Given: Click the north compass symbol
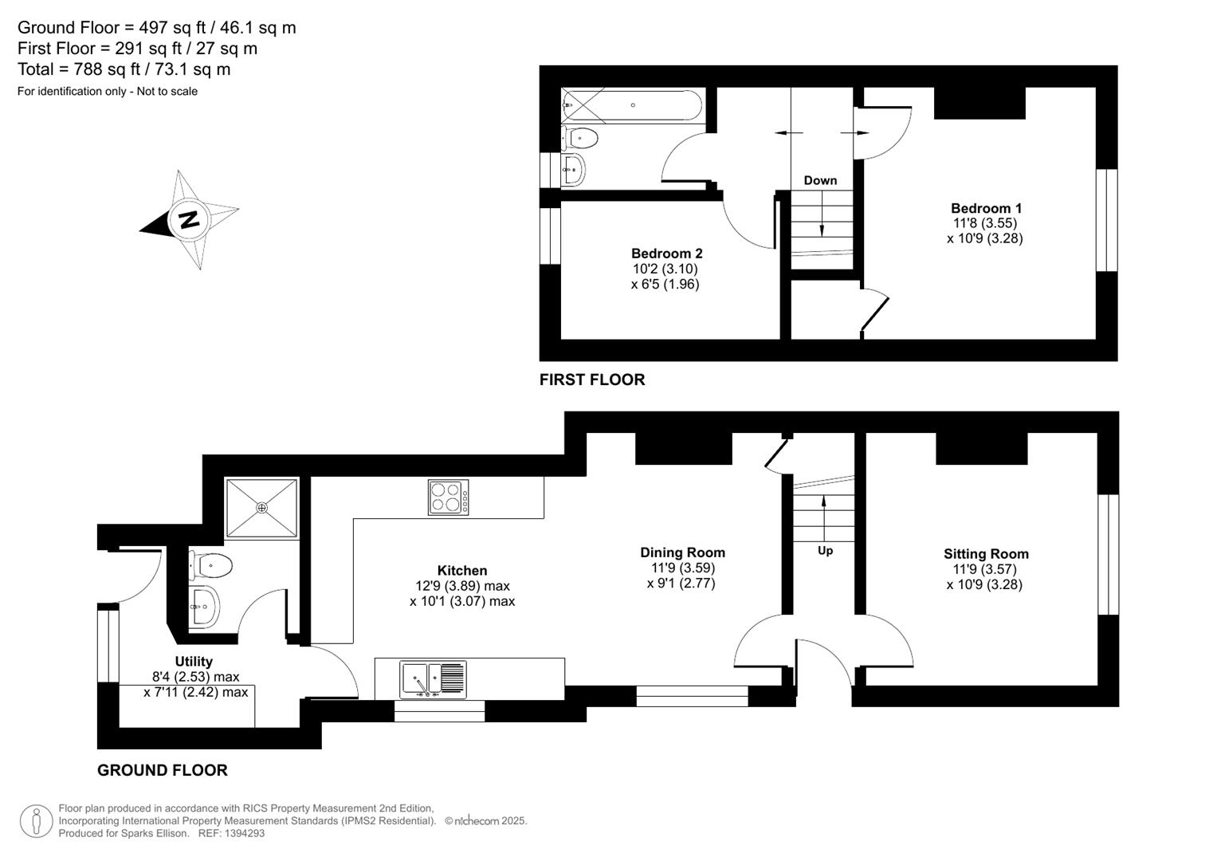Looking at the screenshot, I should (x=189, y=219).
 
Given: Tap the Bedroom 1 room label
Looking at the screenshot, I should (x=986, y=209).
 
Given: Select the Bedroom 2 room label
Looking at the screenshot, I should (x=666, y=254).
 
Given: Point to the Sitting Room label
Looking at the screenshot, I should (x=986, y=554).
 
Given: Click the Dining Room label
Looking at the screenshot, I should (x=682, y=552).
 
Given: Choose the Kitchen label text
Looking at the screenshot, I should (x=462, y=571).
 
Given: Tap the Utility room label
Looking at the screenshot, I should (x=194, y=662).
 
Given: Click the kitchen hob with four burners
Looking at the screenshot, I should (x=448, y=497).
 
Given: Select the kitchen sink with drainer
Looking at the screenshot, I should (x=434, y=679).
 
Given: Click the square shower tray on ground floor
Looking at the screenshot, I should (x=261, y=507).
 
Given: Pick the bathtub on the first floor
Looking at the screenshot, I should (x=632, y=105).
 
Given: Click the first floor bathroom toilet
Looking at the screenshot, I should (x=579, y=138).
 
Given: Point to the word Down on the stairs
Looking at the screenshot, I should (x=820, y=180).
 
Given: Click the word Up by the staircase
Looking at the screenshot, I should (x=825, y=551).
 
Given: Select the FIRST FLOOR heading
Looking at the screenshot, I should (x=592, y=380).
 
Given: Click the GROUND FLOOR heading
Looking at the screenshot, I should (x=163, y=770).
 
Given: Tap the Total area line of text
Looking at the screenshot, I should (x=124, y=69).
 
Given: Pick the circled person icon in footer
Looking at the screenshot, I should (x=36, y=821).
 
